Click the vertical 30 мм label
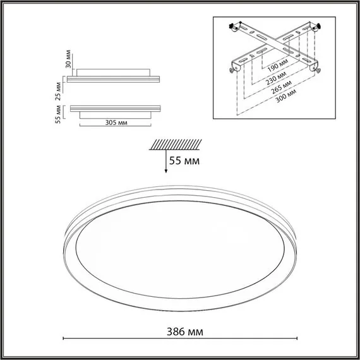[58, 61]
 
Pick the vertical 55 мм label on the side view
[58, 114]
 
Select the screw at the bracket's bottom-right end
[318, 69]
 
